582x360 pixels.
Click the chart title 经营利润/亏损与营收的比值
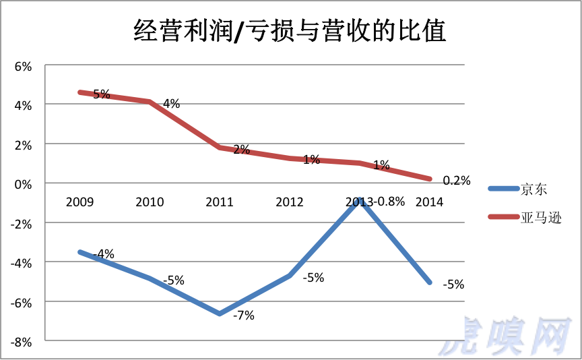pyautogui.click(x=290, y=30)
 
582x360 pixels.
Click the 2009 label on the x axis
pyautogui.click(x=79, y=202)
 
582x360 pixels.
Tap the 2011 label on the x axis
pyautogui.click(x=220, y=202)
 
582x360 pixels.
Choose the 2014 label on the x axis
pyautogui.click(x=430, y=202)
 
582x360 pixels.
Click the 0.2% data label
pyautogui.click(x=456, y=181)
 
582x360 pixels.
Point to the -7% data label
pyautogui.click(x=244, y=315)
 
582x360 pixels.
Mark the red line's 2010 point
pyautogui.click(x=150, y=102)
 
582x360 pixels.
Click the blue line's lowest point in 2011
pyautogui.click(x=220, y=313)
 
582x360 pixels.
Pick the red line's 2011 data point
pyautogui.click(x=220, y=147)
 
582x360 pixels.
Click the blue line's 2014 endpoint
pyautogui.click(x=430, y=282)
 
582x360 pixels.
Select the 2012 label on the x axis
pyautogui.click(x=290, y=202)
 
